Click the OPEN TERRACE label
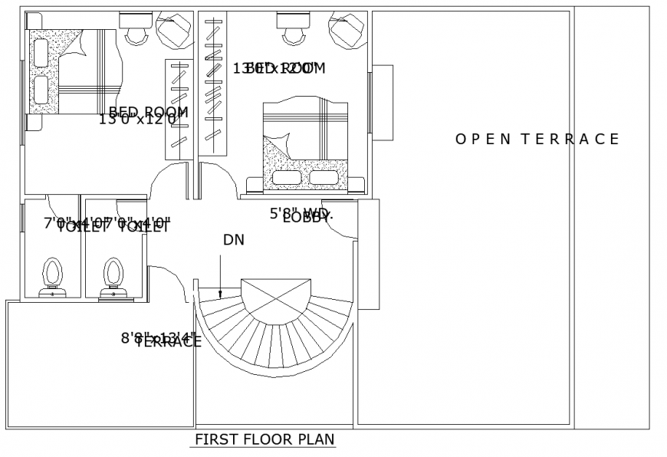[537, 139]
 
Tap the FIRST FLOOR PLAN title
[264, 440]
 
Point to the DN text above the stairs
[234, 240]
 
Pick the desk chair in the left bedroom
[138, 32]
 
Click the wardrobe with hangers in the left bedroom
[178, 107]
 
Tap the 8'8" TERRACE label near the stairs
[161, 340]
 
